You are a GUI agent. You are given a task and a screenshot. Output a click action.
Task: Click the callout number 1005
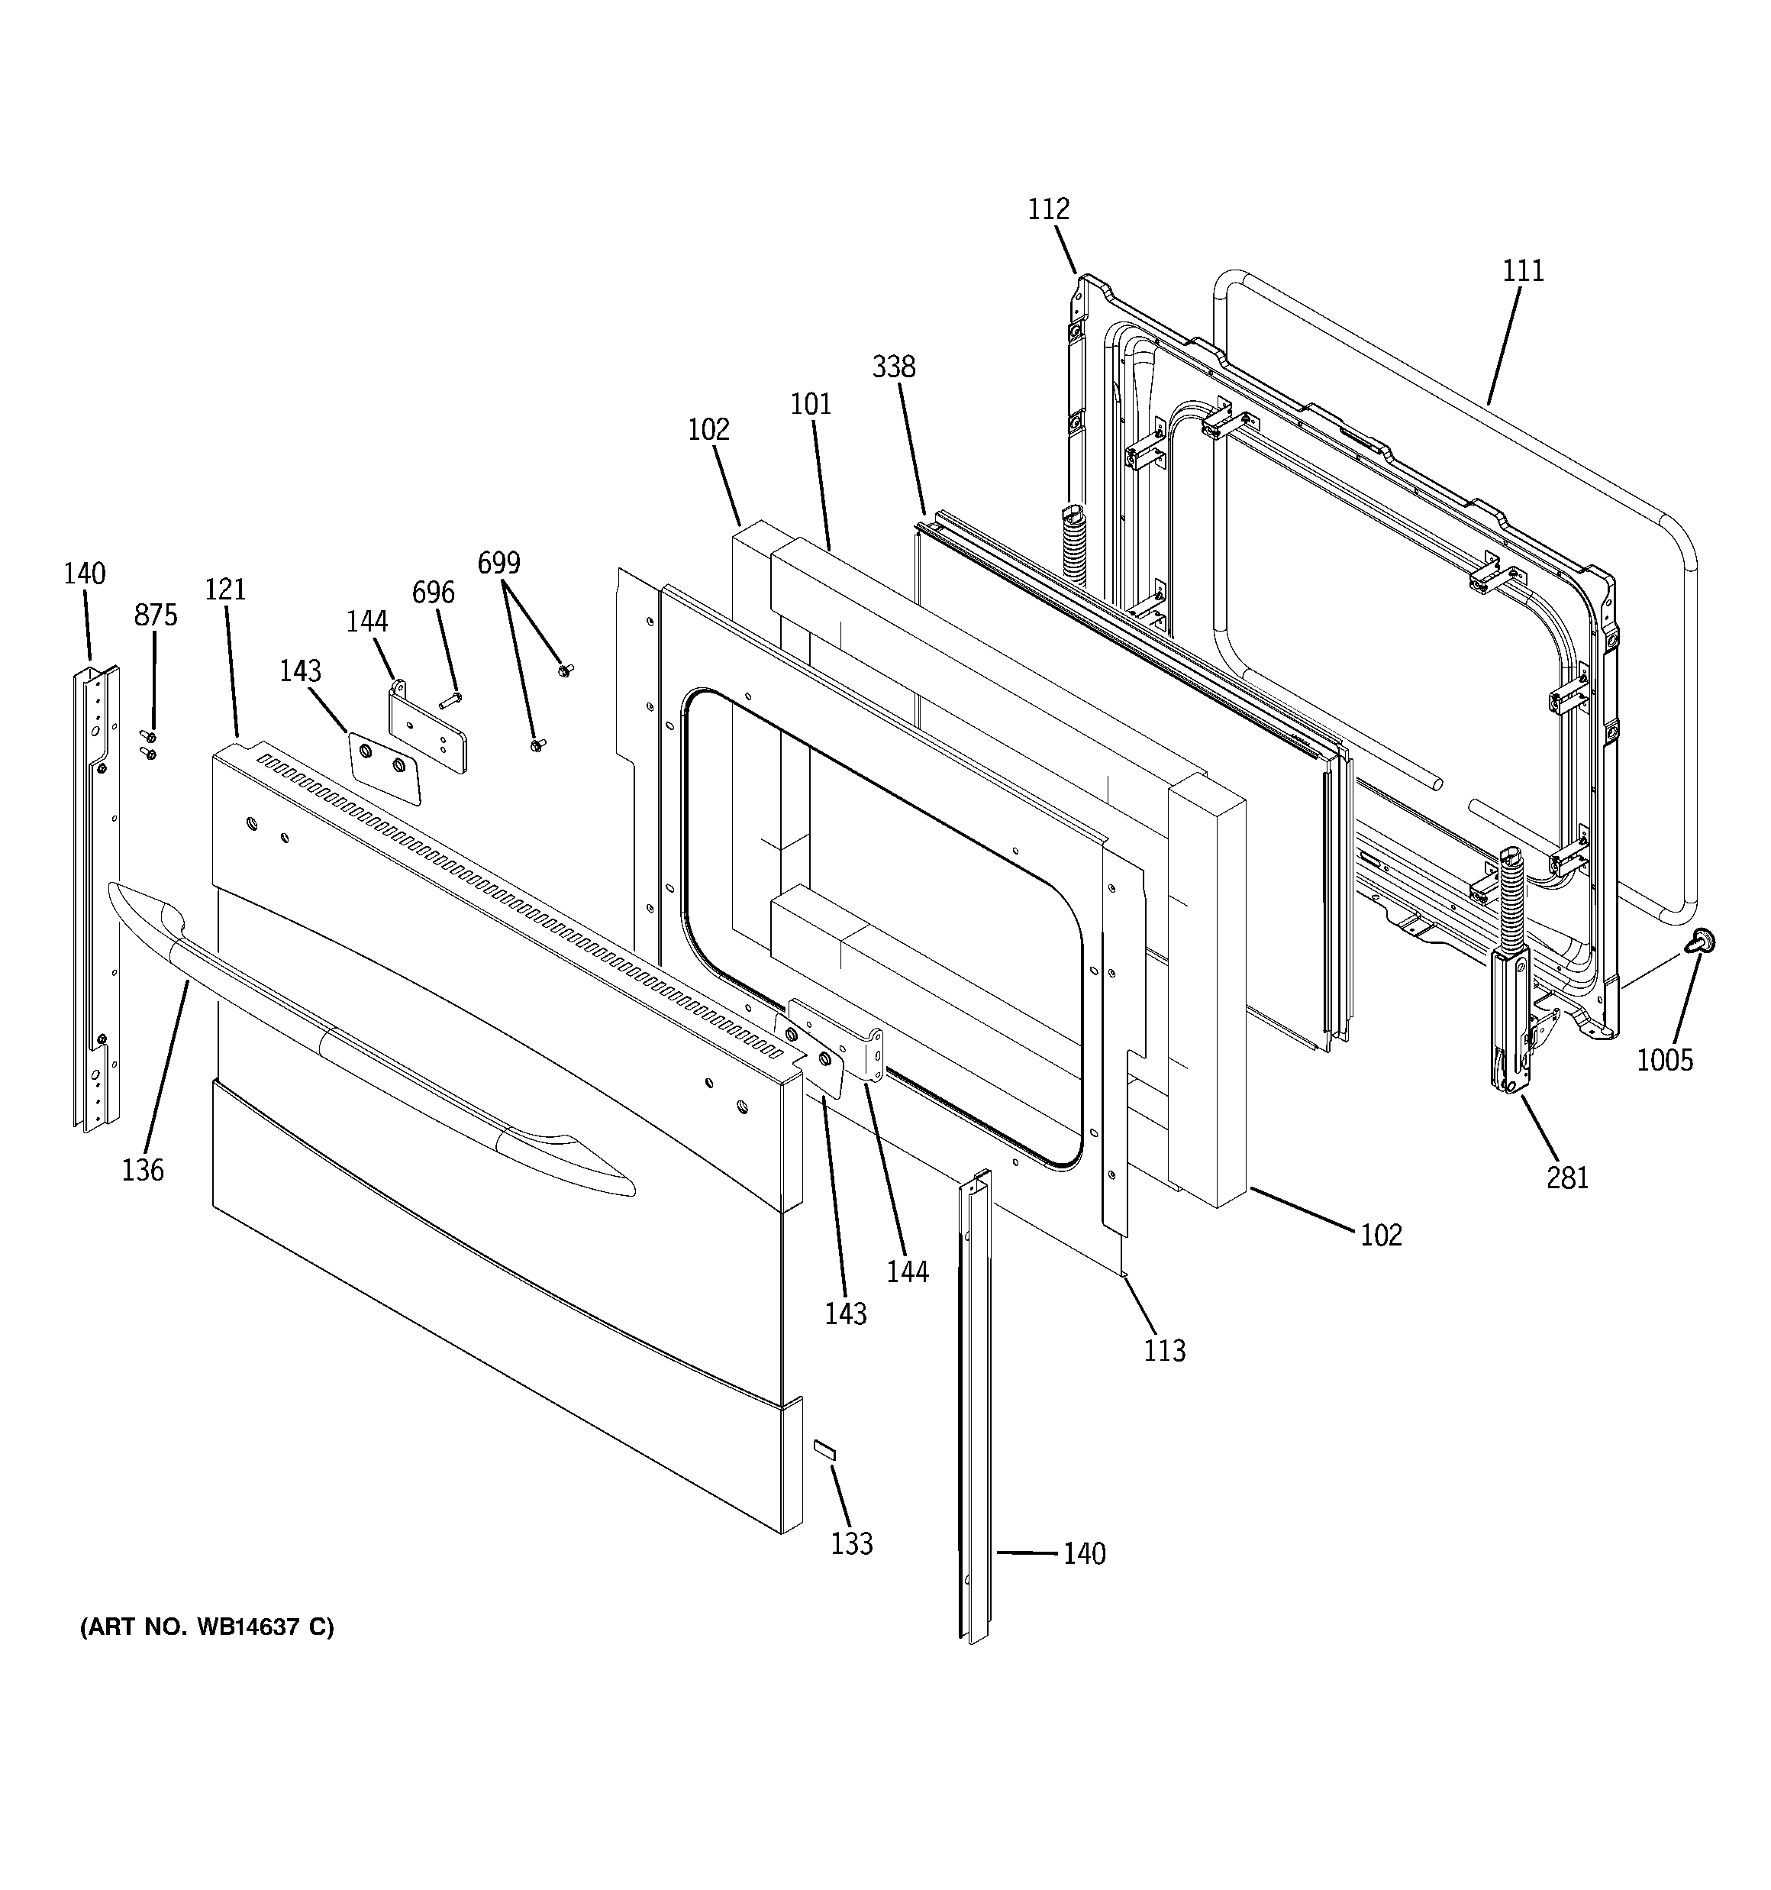tap(1665, 1059)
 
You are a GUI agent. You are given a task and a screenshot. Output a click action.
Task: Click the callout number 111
tap(1523, 271)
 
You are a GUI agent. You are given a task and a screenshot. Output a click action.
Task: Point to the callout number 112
tap(1047, 209)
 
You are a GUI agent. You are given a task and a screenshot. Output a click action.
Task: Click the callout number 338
tap(894, 367)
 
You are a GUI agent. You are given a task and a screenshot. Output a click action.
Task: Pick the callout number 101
tap(811, 405)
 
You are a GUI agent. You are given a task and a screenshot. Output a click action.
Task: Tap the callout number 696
tap(433, 593)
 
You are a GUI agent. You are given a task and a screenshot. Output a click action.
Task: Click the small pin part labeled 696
tap(450, 701)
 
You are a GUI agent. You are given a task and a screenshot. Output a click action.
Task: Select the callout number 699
tap(498, 564)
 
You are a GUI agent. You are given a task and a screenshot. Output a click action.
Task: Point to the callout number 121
tap(225, 590)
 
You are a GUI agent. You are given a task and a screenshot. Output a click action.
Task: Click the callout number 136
tap(143, 1171)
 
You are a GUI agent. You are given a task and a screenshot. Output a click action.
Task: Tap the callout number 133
tap(852, 1543)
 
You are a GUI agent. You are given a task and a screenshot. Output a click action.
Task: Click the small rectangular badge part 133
tap(823, 1475)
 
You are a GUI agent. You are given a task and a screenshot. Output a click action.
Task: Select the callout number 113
tap(1164, 1350)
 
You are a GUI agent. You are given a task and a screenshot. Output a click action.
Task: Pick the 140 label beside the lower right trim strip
tap(1084, 1553)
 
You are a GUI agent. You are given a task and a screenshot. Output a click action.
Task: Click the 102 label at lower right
tap(1380, 1235)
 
